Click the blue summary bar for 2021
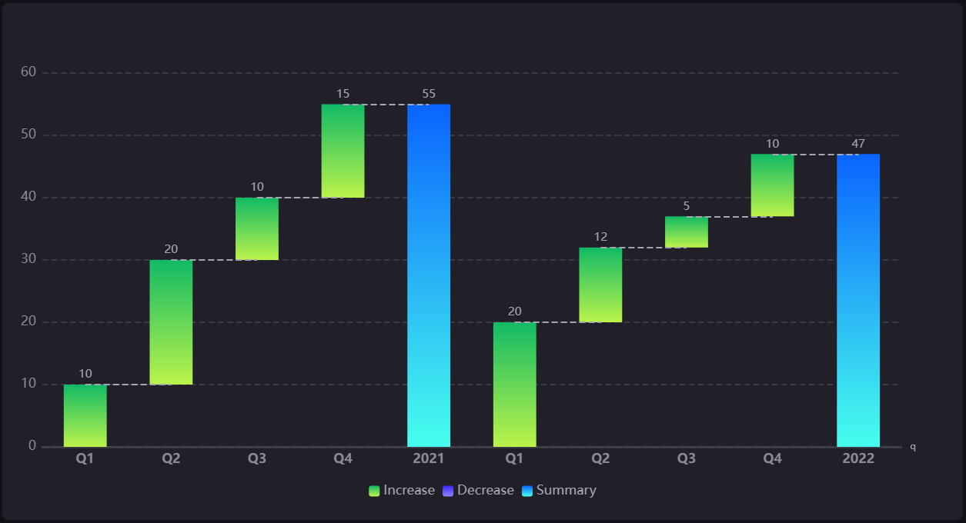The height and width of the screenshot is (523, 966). (429, 275)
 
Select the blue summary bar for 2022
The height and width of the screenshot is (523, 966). (858, 300)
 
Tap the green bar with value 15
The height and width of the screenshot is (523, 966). (343, 151)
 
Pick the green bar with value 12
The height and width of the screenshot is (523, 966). (600, 285)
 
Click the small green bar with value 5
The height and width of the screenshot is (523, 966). (687, 232)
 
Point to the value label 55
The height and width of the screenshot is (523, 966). (429, 94)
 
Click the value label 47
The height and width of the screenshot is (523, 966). (858, 144)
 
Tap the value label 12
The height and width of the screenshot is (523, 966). (600, 237)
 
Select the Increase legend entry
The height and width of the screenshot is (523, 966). (402, 491)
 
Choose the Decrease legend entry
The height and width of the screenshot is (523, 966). (478, 491)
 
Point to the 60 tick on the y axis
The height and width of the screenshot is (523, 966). (28, 72)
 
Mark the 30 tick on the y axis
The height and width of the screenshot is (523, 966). (28, 259)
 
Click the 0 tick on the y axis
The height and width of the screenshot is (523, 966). (32, 446)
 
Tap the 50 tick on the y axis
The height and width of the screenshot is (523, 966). (28, 135)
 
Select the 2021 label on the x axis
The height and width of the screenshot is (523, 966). (429, 459)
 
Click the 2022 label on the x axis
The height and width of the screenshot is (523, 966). (858, 459)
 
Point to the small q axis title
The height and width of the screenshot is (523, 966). (913, 447)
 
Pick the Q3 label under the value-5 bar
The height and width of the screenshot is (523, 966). (687, 459)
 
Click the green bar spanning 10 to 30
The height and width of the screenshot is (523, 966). (171, 322)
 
